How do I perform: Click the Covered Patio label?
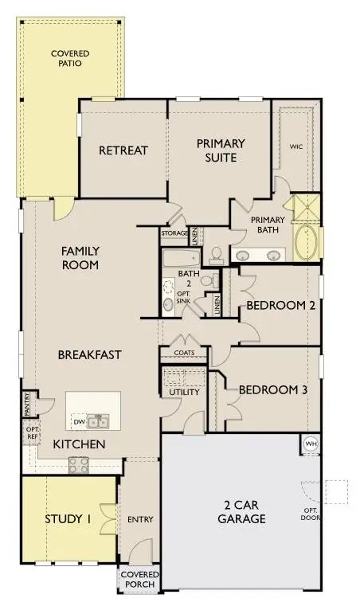pos(70,58)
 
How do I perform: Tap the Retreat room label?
pos(123,150)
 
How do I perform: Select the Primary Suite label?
pos(221,150)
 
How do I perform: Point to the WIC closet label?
pos(296,147)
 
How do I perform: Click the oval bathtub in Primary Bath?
pos(306,242)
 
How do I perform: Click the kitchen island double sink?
pos(98,421)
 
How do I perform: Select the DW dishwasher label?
pos(79,422)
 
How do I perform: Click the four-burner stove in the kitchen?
pos(78,465)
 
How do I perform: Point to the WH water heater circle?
pos(311,444)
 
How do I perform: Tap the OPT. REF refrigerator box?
pos(33,433)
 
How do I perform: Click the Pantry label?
pos(27,405)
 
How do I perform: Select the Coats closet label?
pos(184,353)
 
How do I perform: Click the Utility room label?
pos(185,392)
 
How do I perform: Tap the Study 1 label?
pos(68,519)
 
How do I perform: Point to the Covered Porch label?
pos(140,580)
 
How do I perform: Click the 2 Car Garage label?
pos(241,512)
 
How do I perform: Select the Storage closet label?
pos(174,233)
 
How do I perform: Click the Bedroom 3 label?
pos(273,390)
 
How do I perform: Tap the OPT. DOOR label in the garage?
pos(311,514)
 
